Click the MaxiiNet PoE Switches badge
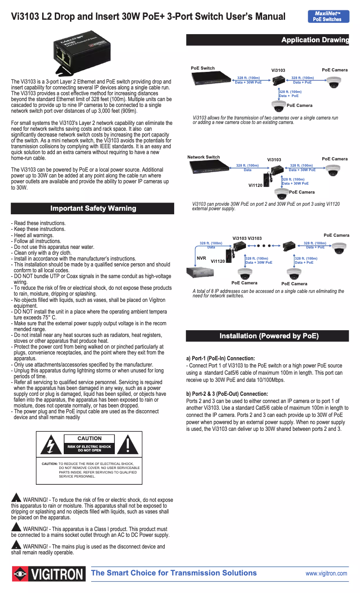coord(328,16)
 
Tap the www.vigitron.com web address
coord(326,574)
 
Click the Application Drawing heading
coord(315,40)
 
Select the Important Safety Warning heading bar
coord(92,208)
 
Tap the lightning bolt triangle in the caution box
coord(51,444)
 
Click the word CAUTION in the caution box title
coord(89,438)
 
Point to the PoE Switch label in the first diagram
coord(202,68)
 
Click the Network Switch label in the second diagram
coord(203,157)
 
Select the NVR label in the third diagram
coord(201,258)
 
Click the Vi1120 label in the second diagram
coord(255,185)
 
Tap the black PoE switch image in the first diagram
coord(211,79)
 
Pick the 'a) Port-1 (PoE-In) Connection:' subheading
coord(220,358)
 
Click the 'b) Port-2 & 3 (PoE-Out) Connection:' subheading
coord(227,394)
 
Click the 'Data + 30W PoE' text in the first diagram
coord(248,83)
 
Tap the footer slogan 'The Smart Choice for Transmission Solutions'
coord(174,573)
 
